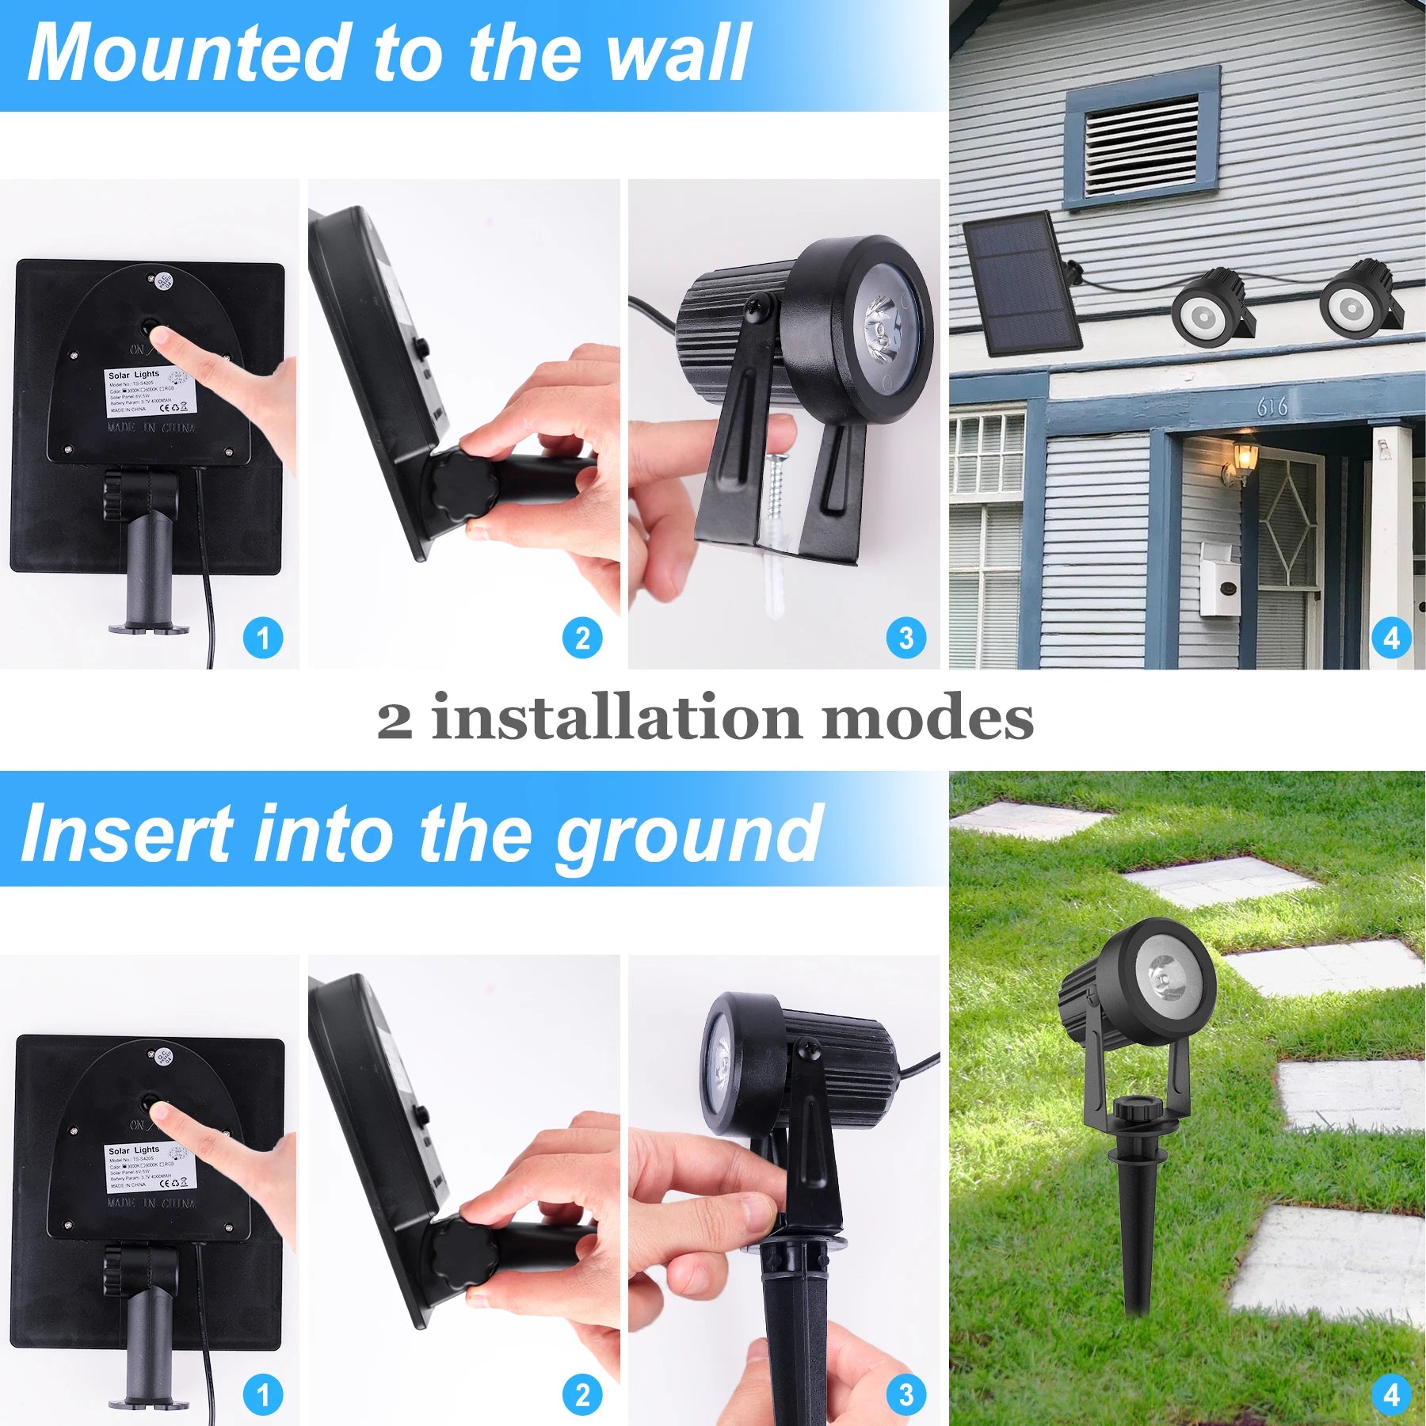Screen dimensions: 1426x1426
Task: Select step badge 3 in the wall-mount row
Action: click(x=906, y=638)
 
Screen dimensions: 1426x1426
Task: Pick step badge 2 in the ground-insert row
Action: click(x=582, y=1394)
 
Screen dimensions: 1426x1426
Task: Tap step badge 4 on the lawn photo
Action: click(x=1392, y=1394)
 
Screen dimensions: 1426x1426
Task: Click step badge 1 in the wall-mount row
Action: click(x=263, y=638)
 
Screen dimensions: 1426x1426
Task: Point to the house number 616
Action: click(x=1272, y=406)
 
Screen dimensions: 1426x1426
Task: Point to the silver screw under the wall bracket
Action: click(x=776, y=487)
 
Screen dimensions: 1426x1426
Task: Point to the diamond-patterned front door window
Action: click(x=1285, y=521)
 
